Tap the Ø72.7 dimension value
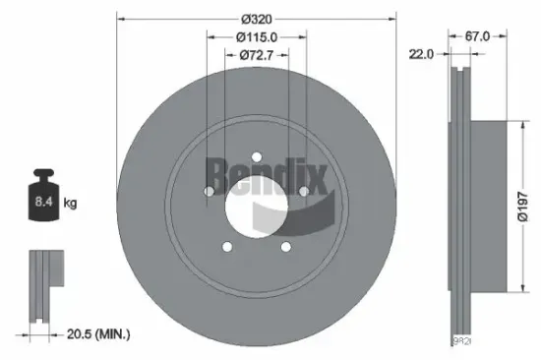point(256,56)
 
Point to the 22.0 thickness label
point(421,55)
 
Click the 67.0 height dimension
point(478,36)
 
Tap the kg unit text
point(70,204)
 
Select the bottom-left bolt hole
point(226,246)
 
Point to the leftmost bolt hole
point(208,191)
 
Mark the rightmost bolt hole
point(303,191)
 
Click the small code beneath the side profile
point(461,341)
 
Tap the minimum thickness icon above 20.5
point(41,285)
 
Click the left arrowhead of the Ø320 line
point(120,17)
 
